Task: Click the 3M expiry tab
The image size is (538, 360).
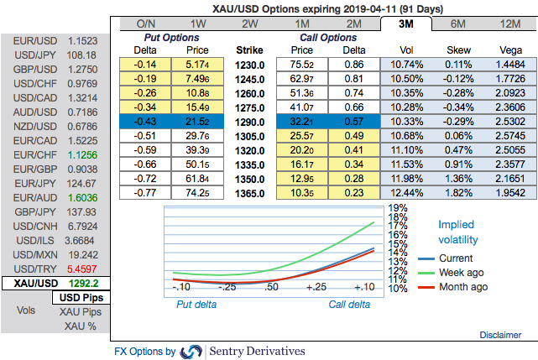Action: pyautogui.click(x=405, y=23)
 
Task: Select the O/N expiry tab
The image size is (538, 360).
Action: pyautogui.click(x=146, y=23)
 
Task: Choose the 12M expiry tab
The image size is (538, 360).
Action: pyautogui.click(x=508, y=23)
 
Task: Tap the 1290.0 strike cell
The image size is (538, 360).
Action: pyautogui.click(x=250, y=122)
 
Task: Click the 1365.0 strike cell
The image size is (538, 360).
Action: pyautogui.click(x=250, y=192)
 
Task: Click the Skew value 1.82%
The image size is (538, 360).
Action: pyautogui.click(x=459, y=192)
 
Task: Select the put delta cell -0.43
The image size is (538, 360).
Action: pyautogui.click(x=149, y=122)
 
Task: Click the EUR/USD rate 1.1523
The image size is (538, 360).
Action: pyautogui.click(x=83, y=40)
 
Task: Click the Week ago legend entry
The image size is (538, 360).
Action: pyautogui.click(x=462, y=273)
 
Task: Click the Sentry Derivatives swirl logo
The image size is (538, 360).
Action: pyautogui.click(x=192, y=351)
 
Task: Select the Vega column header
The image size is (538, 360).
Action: pyautogui.click(x=511, y=50)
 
